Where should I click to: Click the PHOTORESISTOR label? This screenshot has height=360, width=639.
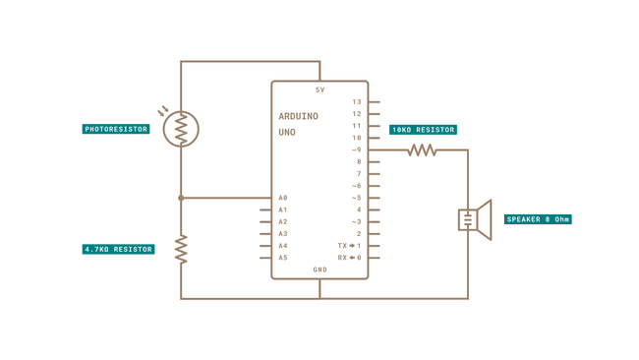pyautogui.click(x=116, y=129)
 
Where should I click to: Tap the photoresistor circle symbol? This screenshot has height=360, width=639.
pyautogui.click(x=181, y=129)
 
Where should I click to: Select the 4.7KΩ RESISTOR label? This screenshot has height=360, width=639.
pyautogui.click(x=118, y=250)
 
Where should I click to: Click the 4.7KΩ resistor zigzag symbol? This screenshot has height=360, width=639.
pyautogui.click(x=181, y=249)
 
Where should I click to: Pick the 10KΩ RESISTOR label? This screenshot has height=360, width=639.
pyautogui.click(x=423, y=130)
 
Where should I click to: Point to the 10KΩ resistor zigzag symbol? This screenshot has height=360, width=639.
pyautogui.click(x=422, y=150)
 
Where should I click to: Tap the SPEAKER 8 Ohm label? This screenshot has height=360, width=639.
pyautogui.click(x=538, y=219)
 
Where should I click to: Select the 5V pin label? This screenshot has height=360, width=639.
pyautogui.click(x=319, y=90)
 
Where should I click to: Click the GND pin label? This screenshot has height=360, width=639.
pyautogui.click(x=319, y=270)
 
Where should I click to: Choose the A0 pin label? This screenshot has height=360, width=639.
pyautogui.click(x=283, y=198)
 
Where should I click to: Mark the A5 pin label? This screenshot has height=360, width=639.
pyautogui.click(x=283, y=258)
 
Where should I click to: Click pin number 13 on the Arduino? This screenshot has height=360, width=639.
pyautogui.click(x=357, y=102)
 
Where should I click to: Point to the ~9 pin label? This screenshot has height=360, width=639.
pyautogui.click(x=356, y=150)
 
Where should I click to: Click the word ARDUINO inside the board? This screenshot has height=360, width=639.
pyautogui.click(x=298, y=116)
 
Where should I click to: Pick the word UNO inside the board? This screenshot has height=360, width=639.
pyautogui.click(x=287, y=132)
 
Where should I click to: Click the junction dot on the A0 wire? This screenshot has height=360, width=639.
pyautogui.click(x=181, y=198)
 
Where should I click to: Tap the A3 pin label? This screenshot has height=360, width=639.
pyautogui.click(x=283, y=234)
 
